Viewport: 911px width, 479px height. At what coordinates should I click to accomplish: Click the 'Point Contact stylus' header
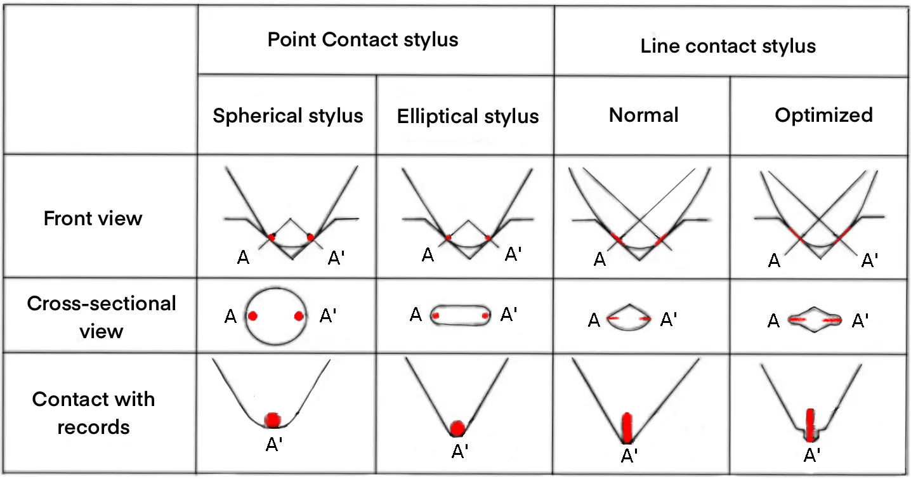(x=362, y=39)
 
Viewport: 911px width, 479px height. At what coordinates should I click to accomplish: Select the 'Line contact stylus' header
(x=728, y=46)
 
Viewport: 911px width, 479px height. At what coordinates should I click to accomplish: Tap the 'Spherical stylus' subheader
(x=287, y=115)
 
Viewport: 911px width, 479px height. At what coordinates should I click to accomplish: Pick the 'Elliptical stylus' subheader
(x=468, y=116)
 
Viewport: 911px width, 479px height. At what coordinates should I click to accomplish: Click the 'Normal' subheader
(x=643, y=114)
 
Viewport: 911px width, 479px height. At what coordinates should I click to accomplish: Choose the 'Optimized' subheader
(x=823, y=114)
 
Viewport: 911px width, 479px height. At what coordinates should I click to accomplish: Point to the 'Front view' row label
(x=93, y=218)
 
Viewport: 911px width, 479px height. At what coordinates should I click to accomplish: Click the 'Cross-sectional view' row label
(x=102, y=317)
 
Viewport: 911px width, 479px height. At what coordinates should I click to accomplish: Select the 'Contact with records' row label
(x=93, y=412)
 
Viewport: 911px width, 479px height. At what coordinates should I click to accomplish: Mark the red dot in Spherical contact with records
(x=273, y=419)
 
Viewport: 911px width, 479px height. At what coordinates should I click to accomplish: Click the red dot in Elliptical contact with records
(x=457, y=428)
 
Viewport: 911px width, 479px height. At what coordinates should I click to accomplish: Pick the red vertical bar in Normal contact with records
(x=627, y=427)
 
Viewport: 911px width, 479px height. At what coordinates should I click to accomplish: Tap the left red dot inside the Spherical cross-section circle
(x=252, y=316)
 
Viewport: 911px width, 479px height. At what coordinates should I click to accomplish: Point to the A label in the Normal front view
(x=598, y=259)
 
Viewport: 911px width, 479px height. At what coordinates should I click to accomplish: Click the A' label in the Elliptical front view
(x=513, y=254)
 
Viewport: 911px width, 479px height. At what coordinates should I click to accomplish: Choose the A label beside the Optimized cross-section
(x=773, y=321)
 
